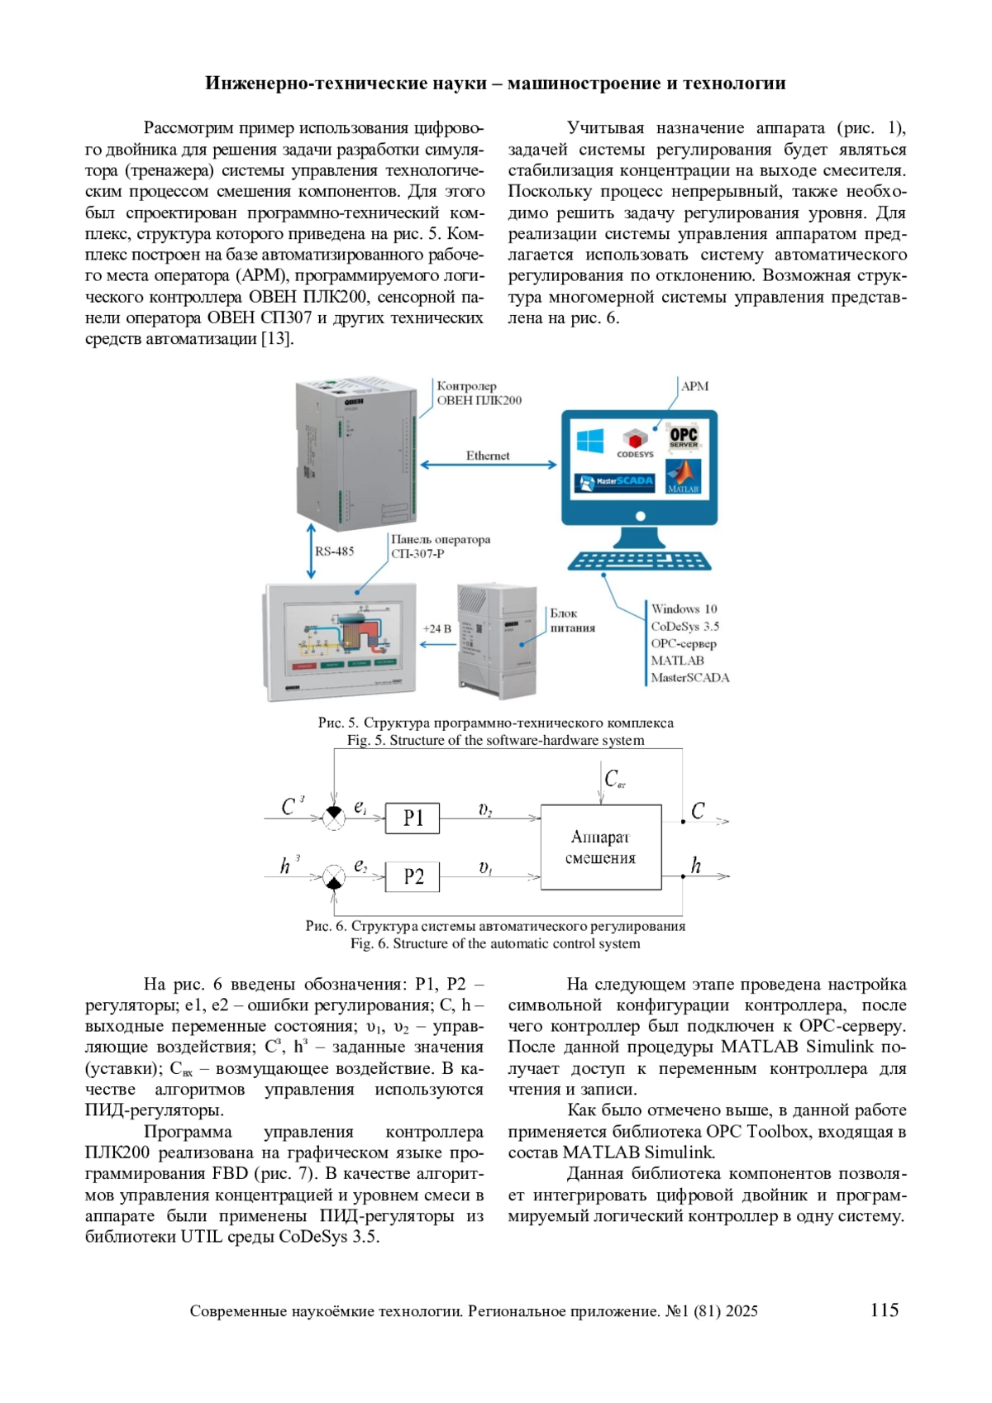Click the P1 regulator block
[x=413, y=818]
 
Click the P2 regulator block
[x=413, y=876]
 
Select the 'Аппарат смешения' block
[x=601, y=847]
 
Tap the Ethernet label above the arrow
[x=488, y=456]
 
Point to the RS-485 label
[x=335, y=551]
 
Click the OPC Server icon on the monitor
[x=684, y=437]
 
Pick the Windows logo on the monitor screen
[x=590, y=440]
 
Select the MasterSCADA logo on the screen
[x=615, y=481]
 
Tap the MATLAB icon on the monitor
[x=684, y=478]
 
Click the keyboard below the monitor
[x=639, y=561]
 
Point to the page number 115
[x=884, y=1310]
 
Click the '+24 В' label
[x=437, y=628]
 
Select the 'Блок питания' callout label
[x=572, y=620]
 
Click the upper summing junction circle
[x=333, y=818]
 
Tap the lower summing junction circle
[x=333, y=876]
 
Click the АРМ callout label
[x=694, y=386]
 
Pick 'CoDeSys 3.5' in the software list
[x=684, y=626]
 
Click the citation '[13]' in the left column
[x=278, y=339]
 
